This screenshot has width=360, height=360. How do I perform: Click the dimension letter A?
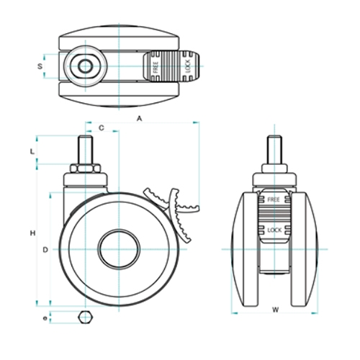[x=140, y=119]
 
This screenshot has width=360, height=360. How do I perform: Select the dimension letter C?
[x=102, y=128]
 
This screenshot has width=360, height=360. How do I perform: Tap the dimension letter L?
[x=32, y=151]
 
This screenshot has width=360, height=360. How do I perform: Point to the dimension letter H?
[x=32, y=233]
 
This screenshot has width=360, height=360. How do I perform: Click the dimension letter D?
[x=45, y=250]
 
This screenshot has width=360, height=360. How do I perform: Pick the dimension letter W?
[x=276, y=310]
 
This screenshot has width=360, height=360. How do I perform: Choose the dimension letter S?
[x=40, y=66]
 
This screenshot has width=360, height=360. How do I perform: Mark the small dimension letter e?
[x=45, y=318]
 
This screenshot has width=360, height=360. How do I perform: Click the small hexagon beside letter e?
[x=86, y=318]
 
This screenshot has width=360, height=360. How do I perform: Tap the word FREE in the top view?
[x=156, y=67]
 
